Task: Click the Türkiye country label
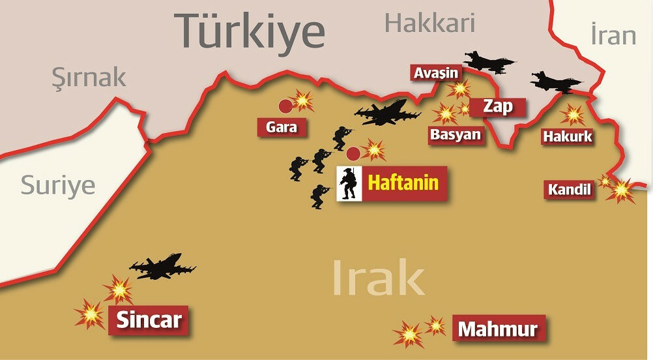pos(251,31)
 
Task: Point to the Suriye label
pos(58,185)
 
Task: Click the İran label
pos(613,35)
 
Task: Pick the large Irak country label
pos(378,278)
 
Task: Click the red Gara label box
pos(282,127)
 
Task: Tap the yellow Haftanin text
pos(403,183)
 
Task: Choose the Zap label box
pos(498,106)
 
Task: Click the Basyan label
pos(455,135)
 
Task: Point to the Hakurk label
pos(568,137)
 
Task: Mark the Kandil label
pos(570,190)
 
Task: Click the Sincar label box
pos(149,320)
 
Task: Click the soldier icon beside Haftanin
pos(349,183)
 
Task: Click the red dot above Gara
pos(285,106)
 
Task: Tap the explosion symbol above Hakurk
pos(573,114)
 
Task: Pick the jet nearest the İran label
pos(555,82)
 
